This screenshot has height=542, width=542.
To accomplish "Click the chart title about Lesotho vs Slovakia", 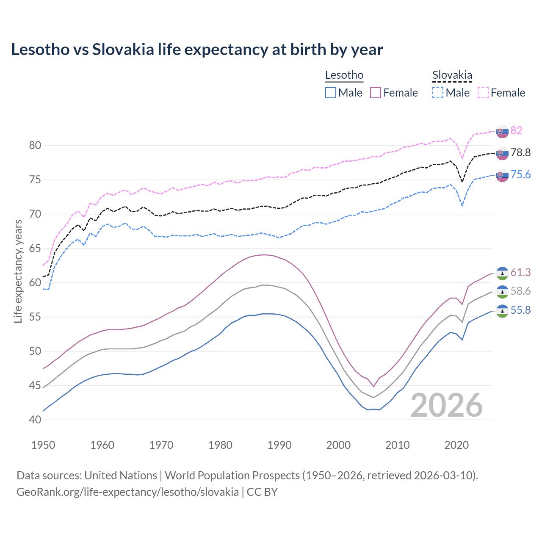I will [x=197, y=50].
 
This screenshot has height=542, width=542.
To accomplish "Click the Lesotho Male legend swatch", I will [x=331, y=93].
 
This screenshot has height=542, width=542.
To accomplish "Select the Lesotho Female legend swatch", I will [x=376, y=93].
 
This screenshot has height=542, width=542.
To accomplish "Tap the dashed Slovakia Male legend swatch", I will [x=438, y=93].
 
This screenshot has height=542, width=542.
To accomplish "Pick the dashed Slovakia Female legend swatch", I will [x=483, y=93].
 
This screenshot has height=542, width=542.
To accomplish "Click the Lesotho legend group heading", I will [x=344, y=75].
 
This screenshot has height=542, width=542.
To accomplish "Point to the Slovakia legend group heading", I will [x=452, y=75].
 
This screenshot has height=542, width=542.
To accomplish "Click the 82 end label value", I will [x=516, y=130].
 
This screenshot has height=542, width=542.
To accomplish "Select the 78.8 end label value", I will [x=520, y=152].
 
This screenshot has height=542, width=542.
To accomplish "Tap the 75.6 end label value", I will [x=520, y=174].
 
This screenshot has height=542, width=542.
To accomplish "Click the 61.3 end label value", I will [x=520, y=272].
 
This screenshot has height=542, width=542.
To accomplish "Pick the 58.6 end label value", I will [x=520, y=291].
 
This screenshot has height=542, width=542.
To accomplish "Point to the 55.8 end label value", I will [x=520, y=310].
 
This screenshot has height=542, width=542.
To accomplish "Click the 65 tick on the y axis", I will [x=35, y=248].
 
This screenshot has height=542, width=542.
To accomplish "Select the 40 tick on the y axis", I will [x=35, y=420].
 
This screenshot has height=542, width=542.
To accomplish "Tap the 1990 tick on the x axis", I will [x=279, y=445].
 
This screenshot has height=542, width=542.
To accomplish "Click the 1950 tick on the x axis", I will [x=44, y=445].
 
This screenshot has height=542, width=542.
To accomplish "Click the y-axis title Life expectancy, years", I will [x=18, y=271].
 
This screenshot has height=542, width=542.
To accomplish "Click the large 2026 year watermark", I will [x=446, y=405].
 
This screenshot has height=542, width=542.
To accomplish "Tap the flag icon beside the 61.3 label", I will [x=502, y=273].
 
